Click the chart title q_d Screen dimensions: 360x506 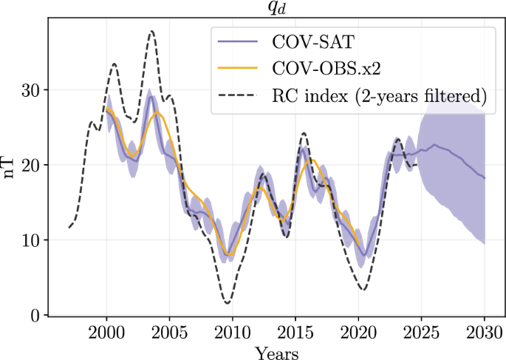(x=276, y=8)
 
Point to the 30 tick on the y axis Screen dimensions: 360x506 (x=31, y=90)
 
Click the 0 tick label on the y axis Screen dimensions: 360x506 (x=35, y=315)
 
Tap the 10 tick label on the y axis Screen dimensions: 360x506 (x=31, y=240)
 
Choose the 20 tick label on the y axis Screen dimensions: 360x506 (x=31, y=165)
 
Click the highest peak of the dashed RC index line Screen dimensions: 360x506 (x=151, y=31)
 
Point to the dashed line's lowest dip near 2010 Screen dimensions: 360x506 (x=228, y=303)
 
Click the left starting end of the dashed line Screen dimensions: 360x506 (x=69, y=227)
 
